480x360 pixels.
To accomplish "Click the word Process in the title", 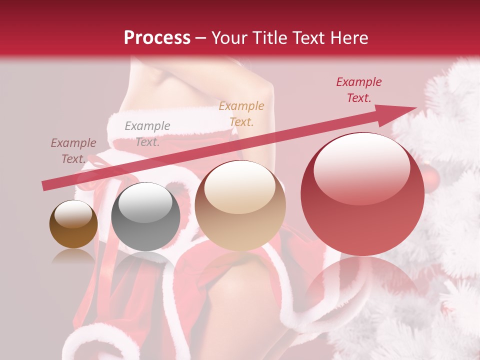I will coord(157,38).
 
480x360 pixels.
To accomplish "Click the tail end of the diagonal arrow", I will coord(45,186).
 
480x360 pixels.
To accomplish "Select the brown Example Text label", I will coord(73,151).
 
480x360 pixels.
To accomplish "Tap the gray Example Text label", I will coord(147,134).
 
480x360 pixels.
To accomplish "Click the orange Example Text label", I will coord(241,113).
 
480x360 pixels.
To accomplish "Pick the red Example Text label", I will coord(358,90).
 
